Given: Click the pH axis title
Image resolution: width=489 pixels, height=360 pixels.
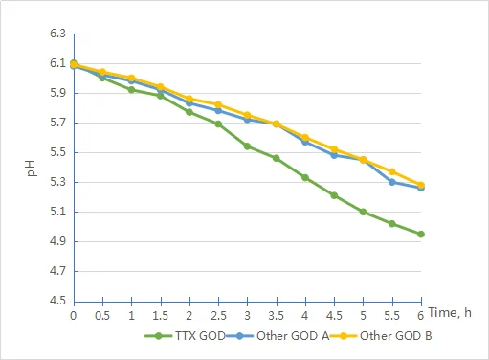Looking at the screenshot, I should [x=30, y=169].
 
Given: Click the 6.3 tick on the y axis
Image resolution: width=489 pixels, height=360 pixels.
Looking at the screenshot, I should [x=56, y=34].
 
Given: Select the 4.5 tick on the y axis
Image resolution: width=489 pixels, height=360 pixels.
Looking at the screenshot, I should [x=56, y=301].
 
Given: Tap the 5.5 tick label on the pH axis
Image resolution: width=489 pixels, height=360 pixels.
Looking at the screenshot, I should [x=56, y=153].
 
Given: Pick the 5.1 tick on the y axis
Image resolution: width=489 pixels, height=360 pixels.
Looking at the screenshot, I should [x=56, y=213].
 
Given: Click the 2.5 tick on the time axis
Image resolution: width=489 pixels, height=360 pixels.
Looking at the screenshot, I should [x=218, y=315].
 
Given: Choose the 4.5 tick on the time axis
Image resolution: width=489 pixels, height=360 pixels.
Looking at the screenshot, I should [x=334, y=315].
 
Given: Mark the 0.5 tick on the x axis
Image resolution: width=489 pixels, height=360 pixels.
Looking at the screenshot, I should [x=102, y=315].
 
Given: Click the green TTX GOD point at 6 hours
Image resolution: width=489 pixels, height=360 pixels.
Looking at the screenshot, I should [x=421, y=234].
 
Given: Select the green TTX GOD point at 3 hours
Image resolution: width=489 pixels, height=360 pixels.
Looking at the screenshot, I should [x=247, y=146].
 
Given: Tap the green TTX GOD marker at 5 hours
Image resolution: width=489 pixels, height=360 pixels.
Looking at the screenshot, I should [x=363, y=212].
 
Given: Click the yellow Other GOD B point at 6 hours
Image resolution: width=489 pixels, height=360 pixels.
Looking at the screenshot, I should [x=421, y=185].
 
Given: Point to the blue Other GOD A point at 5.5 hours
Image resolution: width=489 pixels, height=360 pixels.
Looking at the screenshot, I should [x=392, y=182].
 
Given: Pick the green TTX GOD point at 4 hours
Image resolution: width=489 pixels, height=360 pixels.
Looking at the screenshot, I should [x=305, y=177].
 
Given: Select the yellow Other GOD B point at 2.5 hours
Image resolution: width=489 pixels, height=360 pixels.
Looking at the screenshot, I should [x=218, y=104].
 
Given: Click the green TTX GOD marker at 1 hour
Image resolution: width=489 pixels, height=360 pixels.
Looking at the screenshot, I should [x=131, y=90].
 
